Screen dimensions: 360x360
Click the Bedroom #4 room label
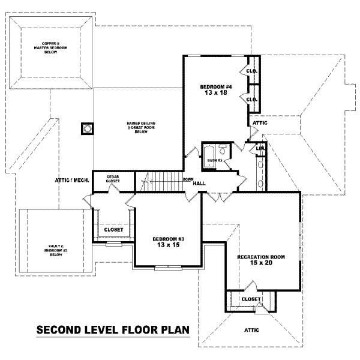click(214, 87)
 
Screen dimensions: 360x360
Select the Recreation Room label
click(260, 257)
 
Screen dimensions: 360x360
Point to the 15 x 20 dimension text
click(260, 263)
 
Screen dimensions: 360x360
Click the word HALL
click(200, 183)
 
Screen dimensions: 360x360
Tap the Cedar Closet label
click(113, 179)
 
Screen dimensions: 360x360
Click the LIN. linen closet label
click(260, 148)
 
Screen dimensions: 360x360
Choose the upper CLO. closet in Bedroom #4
click(251, 71)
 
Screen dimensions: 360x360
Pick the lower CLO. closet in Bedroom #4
click(251, 99)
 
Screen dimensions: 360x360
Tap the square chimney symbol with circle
click(87, 128)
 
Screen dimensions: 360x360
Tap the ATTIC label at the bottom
click(252, 330)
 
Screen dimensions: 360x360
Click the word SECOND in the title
click(61, 329)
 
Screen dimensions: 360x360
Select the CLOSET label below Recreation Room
click(250, 299)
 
